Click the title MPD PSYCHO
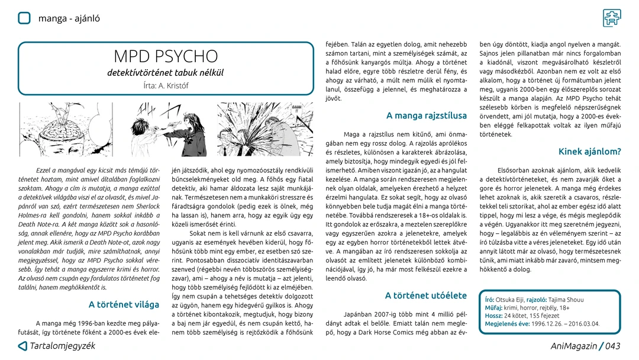click(x=166, y=56)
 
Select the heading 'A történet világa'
click(x=124, y=304)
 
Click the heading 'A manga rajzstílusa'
click(x=426, y=115)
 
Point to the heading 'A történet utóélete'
click(x=425, y=295)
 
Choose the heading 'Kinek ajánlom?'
click(x=589, y=151)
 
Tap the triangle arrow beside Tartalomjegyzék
click(x=22, y=346)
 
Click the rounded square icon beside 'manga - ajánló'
click(x=24, y=18)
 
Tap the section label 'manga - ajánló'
click(x=69, y=18)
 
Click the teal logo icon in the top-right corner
click(x=612, y=18)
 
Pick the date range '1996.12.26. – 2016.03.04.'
click(x=565, y=324)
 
